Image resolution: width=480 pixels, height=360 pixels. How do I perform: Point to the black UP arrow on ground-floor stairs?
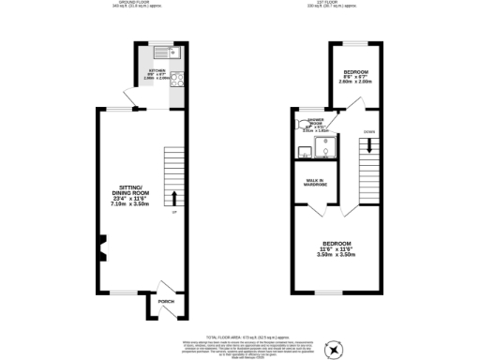173,198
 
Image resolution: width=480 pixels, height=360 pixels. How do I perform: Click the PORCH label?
166,302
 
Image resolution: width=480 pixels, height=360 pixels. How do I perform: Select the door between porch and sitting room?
163,285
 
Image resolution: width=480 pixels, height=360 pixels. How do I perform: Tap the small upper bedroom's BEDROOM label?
356,72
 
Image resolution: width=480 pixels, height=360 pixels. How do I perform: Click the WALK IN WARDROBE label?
315,183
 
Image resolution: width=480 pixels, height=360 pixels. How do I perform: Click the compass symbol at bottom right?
333,348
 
